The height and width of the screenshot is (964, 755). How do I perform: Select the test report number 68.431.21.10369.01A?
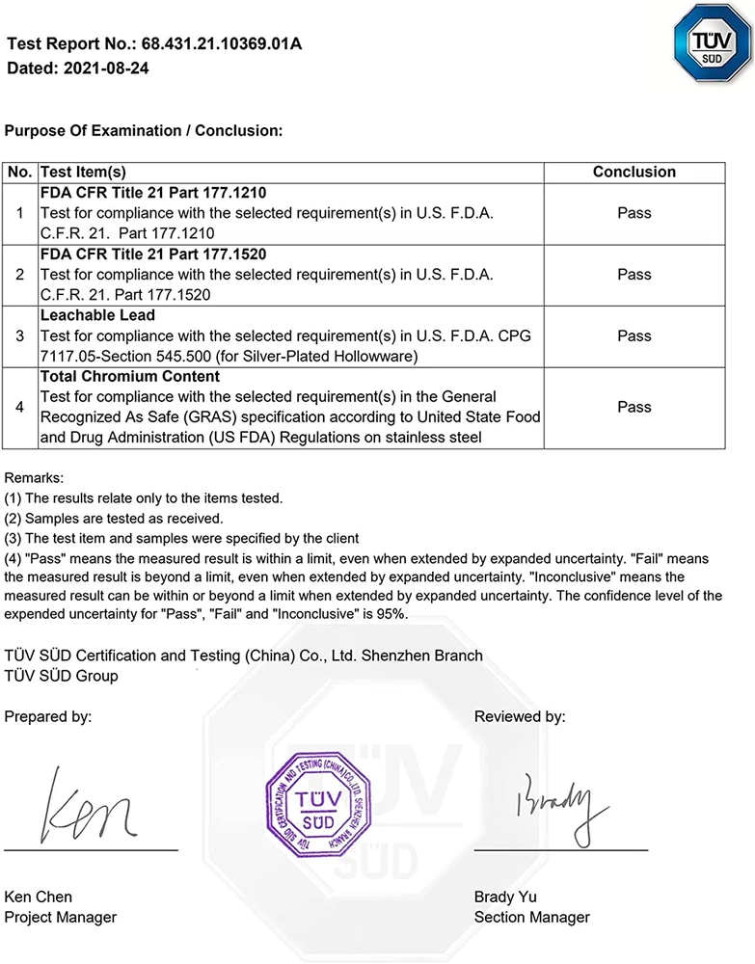coord(222,44)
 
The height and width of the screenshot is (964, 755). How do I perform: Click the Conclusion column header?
coord(634,172)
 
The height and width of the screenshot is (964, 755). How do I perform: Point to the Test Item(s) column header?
coord(84,172)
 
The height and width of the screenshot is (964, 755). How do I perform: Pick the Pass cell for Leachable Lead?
coord(634,336)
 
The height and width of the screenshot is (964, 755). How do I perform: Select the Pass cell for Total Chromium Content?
coord(634,407)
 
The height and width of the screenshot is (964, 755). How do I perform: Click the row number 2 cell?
coord(20,275)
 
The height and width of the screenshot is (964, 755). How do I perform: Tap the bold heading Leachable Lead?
coord(97,315)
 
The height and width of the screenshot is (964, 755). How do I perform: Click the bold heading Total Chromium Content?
coord(130,377)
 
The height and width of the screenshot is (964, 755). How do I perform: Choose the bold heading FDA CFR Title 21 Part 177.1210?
coord(153,193)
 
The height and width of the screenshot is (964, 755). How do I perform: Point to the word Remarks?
coord(35,477)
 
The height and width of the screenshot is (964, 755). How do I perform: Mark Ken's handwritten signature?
coord(87,805)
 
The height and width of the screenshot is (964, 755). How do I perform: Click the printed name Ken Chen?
coord(39,897)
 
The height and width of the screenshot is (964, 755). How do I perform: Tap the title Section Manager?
coord(531,917)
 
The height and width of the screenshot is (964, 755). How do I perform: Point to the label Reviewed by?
coord(520,716)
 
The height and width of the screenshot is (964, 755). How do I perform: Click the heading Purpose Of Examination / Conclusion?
coord(144,130)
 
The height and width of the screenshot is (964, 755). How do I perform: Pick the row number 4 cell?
coord(20,407)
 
